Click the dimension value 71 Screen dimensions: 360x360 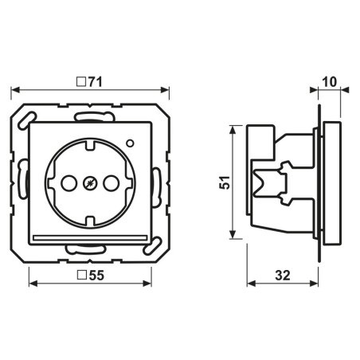(x=95, y=82)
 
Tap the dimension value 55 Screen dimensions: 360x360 (x=96, y=276)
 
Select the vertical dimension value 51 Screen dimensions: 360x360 (x=225, y=182)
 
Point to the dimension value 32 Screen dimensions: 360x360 (x=283, y=276)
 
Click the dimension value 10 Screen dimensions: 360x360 (x=330, y=82)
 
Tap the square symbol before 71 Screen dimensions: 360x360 (x=81, y=82)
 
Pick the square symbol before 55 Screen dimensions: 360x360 (x=81, y=276)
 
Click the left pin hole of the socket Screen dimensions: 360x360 (x=69, y=183)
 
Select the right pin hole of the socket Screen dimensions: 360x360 (x=111, y=183)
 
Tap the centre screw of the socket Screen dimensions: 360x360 (x=90, y=183)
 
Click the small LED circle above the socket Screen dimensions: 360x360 (x=130, y=143)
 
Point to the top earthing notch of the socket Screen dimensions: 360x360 (x=90, y=145)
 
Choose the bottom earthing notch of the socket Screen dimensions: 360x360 (x=90, y=221)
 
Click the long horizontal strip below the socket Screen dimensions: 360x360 (x=90, y=238)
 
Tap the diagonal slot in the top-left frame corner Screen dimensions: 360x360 (x=26, y=119)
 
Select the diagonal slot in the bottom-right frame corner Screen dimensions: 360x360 (x=153, y=246)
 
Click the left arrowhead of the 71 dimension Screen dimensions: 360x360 (x=15, y=90)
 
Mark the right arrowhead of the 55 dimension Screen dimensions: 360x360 (x=147, y=284)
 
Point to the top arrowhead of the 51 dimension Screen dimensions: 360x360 (x=233, y=130)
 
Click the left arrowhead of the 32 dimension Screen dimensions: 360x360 (x=252, y=284)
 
